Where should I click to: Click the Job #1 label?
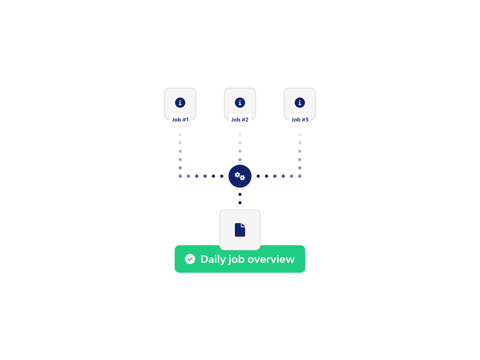point(180,120)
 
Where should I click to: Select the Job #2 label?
point(240,120)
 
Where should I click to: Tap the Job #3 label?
point(300,120)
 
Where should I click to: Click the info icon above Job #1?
point(180,103)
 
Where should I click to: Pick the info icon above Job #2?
point(240,103)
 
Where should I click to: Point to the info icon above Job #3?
point(300,103)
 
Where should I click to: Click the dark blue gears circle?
point(240,176)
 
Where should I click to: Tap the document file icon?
point(240,230)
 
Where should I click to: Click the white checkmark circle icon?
point(190,259)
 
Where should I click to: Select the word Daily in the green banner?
point(213,259)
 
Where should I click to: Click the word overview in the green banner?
point(271,259)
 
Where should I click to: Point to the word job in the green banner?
point(236,259)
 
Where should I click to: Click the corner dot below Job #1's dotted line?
point(180,176)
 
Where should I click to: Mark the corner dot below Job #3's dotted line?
point(300,176)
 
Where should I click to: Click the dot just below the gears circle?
point(240,194)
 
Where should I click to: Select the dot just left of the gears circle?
point(222,176)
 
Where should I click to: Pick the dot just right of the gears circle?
point(258,176)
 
